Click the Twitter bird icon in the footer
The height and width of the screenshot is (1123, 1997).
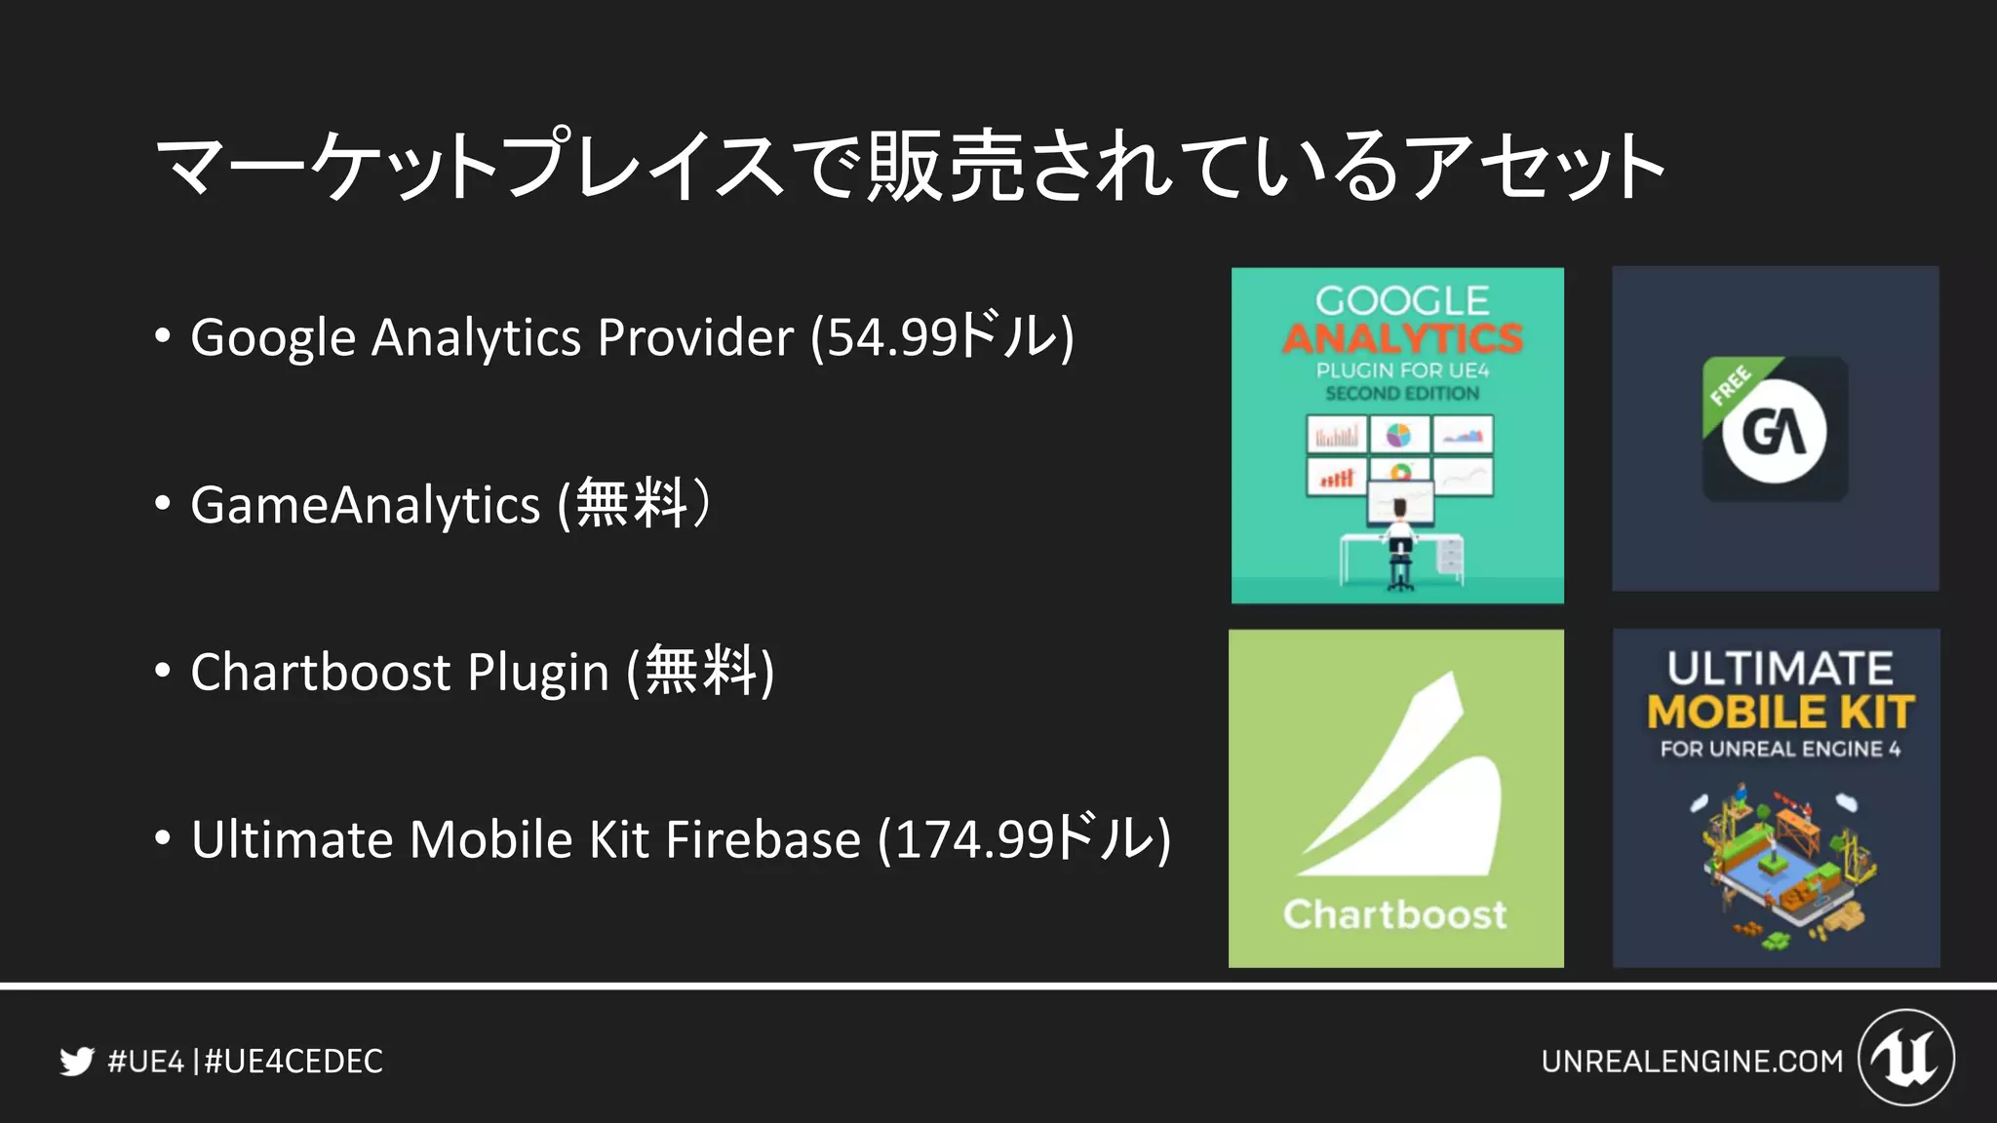(x=76, y=1061)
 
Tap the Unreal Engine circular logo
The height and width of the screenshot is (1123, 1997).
(x=1906, y=1058)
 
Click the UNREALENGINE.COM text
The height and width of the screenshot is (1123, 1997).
(x=1692, y=1061)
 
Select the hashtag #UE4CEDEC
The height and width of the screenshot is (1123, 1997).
(x=294, y=1061)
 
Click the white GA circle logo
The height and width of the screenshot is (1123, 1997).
(x=1775, y=432)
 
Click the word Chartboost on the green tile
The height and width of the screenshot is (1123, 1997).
(x=1395, y=914)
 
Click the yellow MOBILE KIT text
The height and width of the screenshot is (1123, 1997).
(x=1781, y=712)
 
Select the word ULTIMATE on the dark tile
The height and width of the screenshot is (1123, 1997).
(x=1781, y=669)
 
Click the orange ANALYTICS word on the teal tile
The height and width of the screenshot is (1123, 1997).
(x=1402, y=338)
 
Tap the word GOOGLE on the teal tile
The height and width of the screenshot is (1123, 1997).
(x=1402, y=300)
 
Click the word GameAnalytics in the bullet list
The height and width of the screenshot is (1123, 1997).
(x=366, y=505)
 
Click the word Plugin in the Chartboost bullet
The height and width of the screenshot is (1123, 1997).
(x=538, y=673)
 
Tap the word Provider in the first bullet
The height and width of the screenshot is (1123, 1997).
(x=695, y=337)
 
